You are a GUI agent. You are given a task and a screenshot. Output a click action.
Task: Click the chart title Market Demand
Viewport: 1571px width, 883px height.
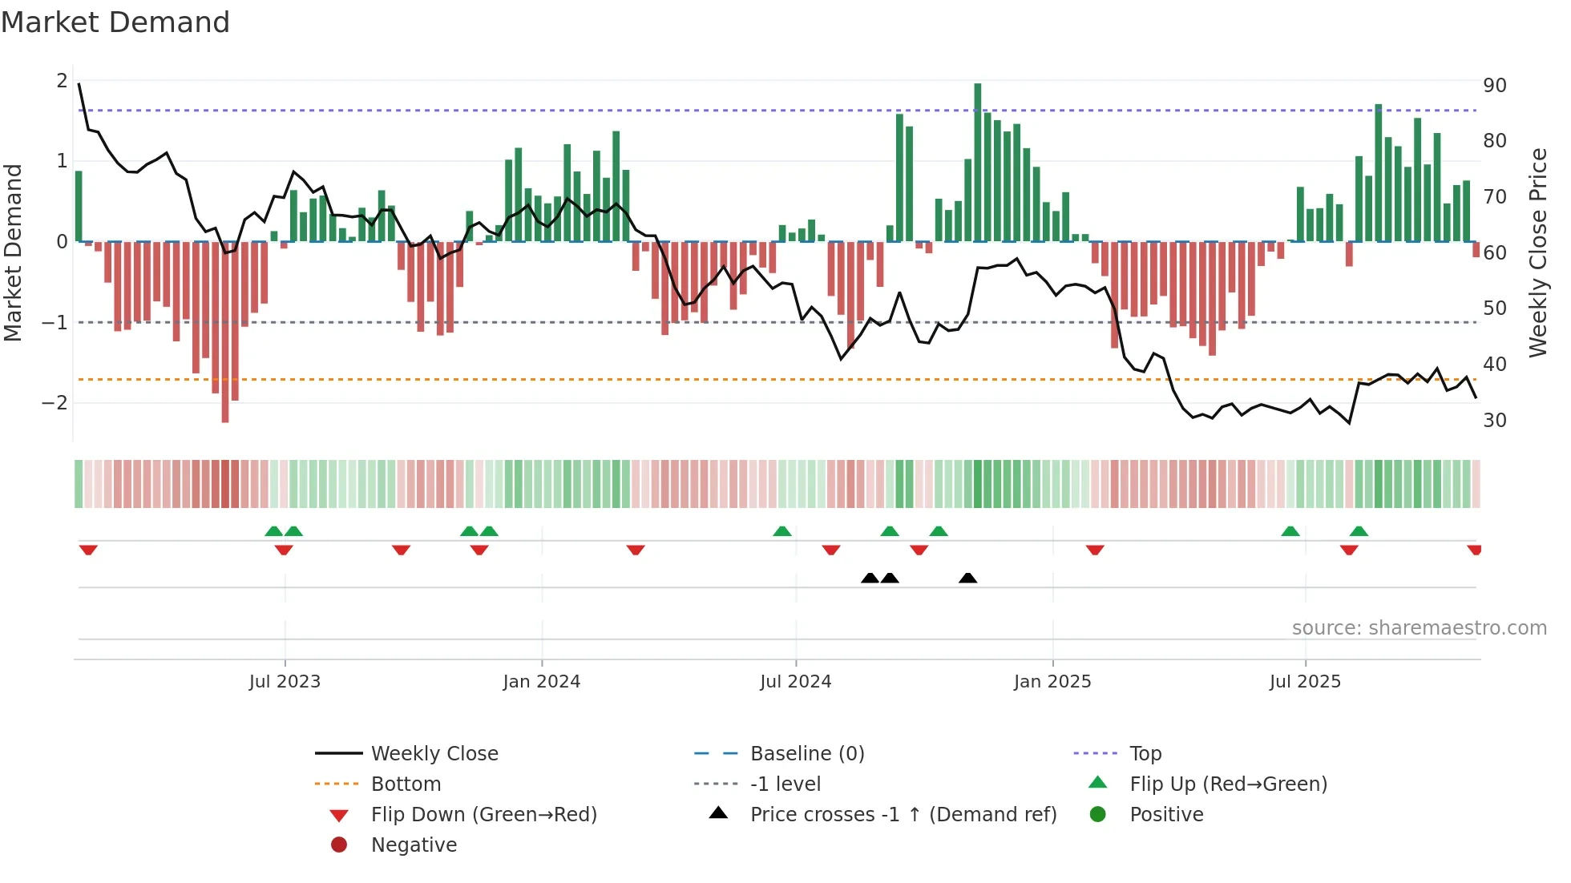(x=115, y=22)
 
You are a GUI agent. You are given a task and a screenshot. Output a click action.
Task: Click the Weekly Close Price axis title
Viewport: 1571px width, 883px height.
(x=1537, y=252)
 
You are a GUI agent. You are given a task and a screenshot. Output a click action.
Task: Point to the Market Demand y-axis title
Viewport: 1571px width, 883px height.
(x=13, y=252)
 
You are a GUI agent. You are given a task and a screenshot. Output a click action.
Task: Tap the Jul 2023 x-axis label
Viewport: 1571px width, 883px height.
(x=285, y=682)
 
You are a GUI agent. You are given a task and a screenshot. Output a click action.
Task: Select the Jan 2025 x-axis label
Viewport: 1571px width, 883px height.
(x=1052, y=682)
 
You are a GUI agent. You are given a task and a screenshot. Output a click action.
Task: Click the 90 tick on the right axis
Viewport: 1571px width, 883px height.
(x=1494, y=86)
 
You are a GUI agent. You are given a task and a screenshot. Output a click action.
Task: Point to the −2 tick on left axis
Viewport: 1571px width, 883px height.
(x=55, y=402)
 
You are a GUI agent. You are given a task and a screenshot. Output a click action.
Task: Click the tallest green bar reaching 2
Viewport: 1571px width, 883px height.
(x=978, y=160)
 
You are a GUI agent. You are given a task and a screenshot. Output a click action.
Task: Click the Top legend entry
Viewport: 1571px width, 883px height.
(x=1145, y=753)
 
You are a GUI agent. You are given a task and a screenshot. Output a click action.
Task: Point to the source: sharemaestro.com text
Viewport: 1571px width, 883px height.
(x=1419, y=627)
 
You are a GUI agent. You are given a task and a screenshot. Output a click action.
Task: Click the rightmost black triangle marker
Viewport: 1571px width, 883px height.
(x=967, y=578)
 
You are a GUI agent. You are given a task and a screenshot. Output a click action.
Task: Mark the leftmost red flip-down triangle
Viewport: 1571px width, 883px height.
(x=88, y=550)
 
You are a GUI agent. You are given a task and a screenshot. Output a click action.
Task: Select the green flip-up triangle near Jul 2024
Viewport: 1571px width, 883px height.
(x=782, y=531)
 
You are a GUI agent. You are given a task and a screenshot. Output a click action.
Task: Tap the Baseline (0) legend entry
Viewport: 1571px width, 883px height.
(x=806, y=753)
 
